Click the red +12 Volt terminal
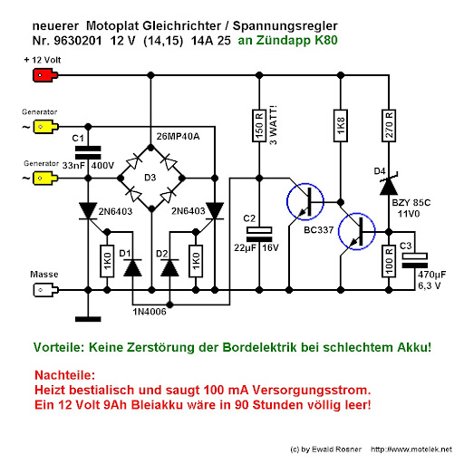(x=45, y=75)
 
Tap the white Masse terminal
(x=45, y=290)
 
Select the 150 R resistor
(x=259, y=126)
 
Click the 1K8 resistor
(x=341, y=126)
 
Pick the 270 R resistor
(x=389, y=126)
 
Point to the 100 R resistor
(x=389, y=261)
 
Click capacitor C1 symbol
(x=88, y=152)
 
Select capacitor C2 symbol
(x=259, y=234)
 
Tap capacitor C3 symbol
(x=415, y=260)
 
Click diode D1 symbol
(x=132, y=267)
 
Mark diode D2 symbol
(x=169, y=267)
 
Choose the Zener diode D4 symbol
(x=389, y=185)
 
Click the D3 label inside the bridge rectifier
(x=150, y=178)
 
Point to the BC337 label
(x=319, y=230)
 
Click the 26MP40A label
(x=178, y=137)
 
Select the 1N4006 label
(x=150, y=312)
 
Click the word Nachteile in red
(x=65, y=375)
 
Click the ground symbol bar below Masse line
(x=88, y=319)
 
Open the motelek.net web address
(x=411, y=449)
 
